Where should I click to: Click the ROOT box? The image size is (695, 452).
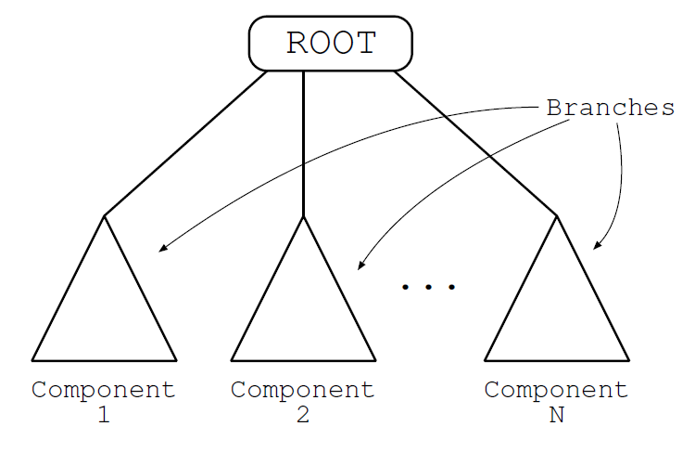pyautogui.click(x=330, y=44)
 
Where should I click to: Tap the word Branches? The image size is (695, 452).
pyautogui.click(x=610, y=108)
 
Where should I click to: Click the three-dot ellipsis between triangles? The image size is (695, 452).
pyautogui.click(x=428, y=288)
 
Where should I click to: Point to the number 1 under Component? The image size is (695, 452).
pyautogui.click(x=104, y=415)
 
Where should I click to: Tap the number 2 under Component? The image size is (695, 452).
pyautogui.click(x=303, y=415)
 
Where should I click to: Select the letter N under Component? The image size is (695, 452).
pyautogui.click(x=556, y=415)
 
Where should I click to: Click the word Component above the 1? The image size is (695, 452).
pyautogui.click(x=104, y=390)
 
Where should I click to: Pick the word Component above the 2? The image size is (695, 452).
pyautogui.click(x=303, y=390)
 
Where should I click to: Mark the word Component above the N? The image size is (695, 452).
pyautogui.click(x=556, y=390)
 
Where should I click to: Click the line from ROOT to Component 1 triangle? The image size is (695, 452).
pyautogui.click(x=185, y=143)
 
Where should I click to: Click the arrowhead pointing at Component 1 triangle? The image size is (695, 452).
pyautogui.click(x=162, y=250)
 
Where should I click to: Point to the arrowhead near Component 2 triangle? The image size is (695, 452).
pyautogui.click(x=360, y=267)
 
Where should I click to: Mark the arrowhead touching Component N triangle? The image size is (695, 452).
pyautogui.click(x=597, y=247)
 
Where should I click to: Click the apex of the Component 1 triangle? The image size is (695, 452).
pyautogui.click(x=104, y=216)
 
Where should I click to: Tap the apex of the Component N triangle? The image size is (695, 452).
pyautogui.click(x=556, y=216)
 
